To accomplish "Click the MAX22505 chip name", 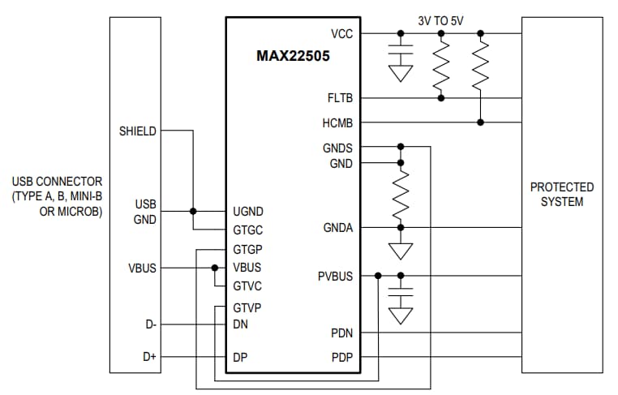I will [x=294, y=57].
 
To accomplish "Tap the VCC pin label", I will [x=341, y=33].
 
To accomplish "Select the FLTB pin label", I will [x=339, y=98].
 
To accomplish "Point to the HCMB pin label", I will [x=337, y=122].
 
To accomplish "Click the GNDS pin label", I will [x=337, y=148].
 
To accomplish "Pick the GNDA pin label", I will [x=338, y=228].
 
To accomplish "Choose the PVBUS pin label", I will [x=335, y=277].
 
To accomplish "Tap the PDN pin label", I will [x=341, y=333].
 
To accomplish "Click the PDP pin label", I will [x=341, y=358].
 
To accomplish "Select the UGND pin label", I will [x=247, y=211].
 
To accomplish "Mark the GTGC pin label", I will [x=247, y=230].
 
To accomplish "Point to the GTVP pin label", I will [x=247, y=307].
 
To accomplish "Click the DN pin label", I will [x=240, y=324].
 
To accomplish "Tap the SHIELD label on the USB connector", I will [x=138, y=131].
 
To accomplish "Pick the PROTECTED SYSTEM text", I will [x=561, y=195].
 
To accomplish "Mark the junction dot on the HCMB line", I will [x=481, y=122].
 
